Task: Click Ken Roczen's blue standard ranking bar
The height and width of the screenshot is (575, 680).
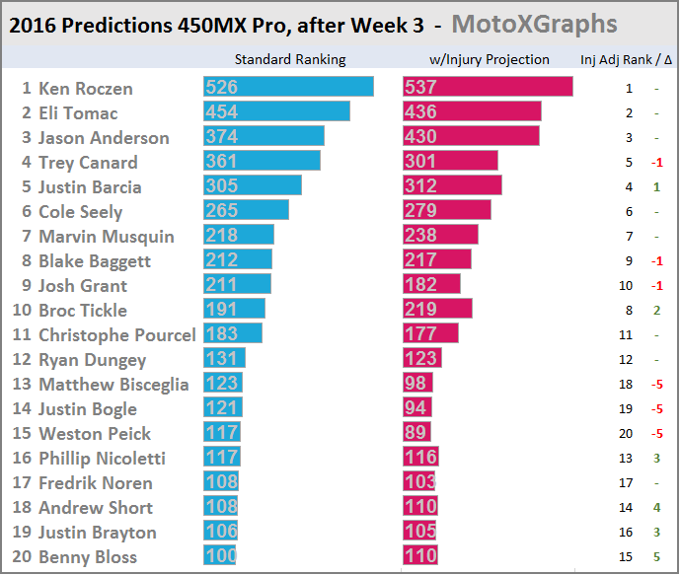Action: click(288, 88)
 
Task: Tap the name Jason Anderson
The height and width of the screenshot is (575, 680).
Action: click(104, 138)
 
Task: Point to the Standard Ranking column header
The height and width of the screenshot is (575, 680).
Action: click(290, 59)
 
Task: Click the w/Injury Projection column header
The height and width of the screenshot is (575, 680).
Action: click(485, 59)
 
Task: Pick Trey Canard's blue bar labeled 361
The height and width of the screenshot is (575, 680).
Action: click(262, 162)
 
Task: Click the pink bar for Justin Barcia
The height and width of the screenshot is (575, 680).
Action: click(452, 186)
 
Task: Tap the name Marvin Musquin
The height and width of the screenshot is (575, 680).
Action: click(106, 237)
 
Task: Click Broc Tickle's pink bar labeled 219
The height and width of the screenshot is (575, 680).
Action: click(437, 310)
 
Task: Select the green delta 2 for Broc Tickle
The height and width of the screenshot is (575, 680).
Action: click(656, 311)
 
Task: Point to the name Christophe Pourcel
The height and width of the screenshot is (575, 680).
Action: click(116, 335)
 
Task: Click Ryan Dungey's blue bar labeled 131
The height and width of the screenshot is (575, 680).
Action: click(224, 359)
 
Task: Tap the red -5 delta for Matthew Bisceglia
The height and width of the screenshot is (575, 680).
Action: click(655, 385)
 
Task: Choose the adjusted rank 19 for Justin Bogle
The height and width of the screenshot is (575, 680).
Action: click(628, 409)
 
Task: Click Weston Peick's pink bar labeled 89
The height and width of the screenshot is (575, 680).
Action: click(417, 433)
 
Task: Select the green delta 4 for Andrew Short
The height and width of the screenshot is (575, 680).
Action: click(656, 508)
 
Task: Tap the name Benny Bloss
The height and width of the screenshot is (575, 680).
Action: click(88, 557)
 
